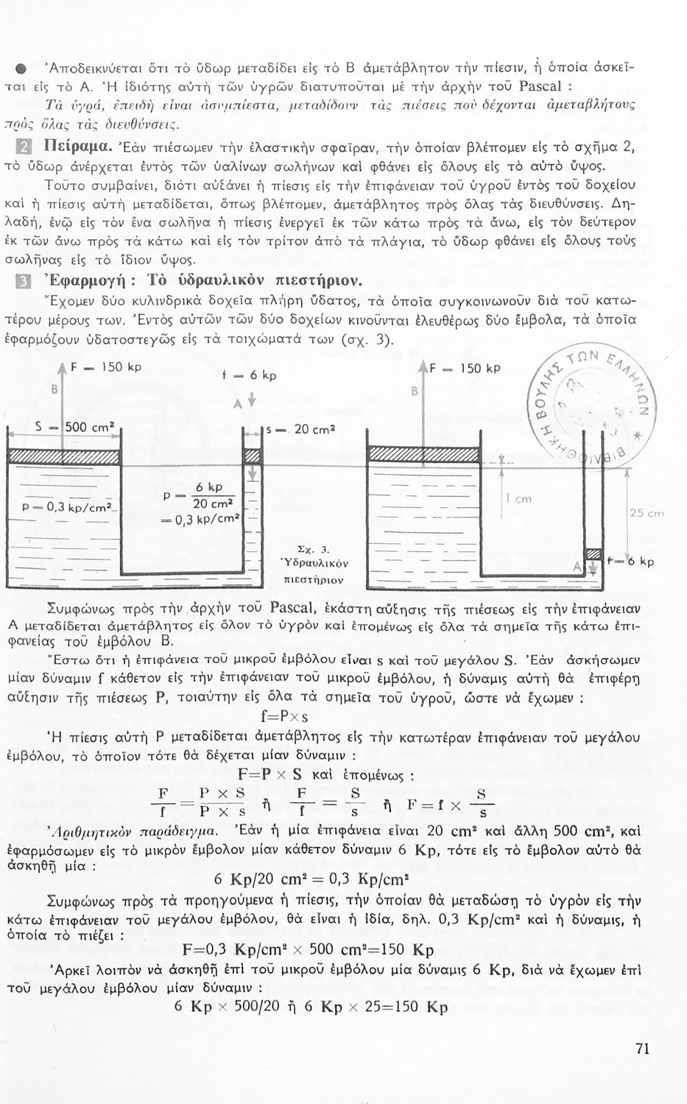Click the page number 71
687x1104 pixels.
[641, 1050]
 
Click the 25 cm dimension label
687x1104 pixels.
[646, 513]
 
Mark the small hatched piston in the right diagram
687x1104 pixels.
[593, 553]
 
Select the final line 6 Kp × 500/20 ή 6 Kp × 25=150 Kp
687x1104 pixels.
[311, 1006]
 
